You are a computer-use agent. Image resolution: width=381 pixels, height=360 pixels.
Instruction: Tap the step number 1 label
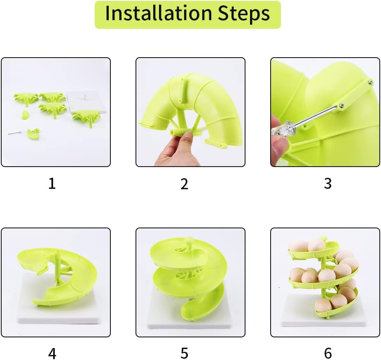[x=51, y=183]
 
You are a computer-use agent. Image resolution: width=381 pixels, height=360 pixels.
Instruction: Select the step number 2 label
[x=184, y=183]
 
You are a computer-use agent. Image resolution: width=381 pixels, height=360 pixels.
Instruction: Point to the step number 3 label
[x=327, y=183]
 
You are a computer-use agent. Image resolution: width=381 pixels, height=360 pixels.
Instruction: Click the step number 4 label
[x=51, y=353]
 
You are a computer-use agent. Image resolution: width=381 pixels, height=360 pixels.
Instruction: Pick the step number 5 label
[x=184, y=353]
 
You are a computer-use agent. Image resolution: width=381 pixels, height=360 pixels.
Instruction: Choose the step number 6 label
[x=327, y=353]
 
